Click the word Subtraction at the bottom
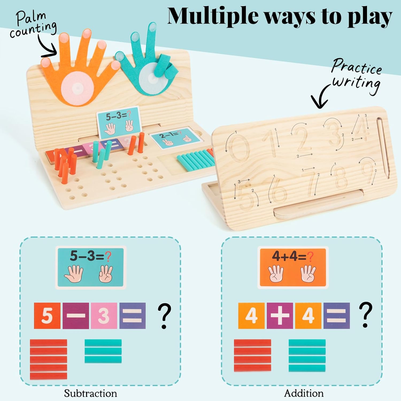pos(90,393)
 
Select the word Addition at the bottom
pos(304,393)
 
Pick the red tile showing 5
pos(47,316)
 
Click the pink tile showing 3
pos(104,316)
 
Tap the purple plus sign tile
pos(280,316)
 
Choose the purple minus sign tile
pos(76,316)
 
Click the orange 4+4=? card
pos(293,267)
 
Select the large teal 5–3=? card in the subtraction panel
pos(91,267)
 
